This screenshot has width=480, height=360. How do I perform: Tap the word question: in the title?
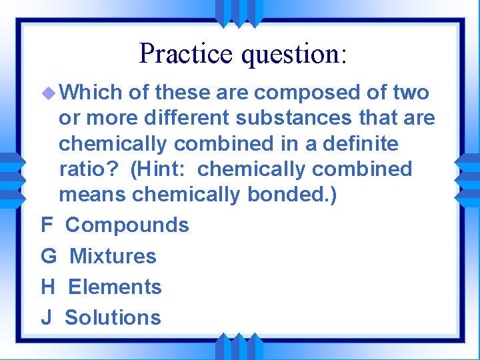click(x=295, y=55)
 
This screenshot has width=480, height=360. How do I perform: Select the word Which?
click(x=91, y=93)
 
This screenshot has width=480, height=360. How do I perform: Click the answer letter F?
click(x=47, y=225)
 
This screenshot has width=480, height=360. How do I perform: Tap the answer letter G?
click(x=49, y=256)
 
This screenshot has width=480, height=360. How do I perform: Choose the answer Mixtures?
click(x=113, y=256)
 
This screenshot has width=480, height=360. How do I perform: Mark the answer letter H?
click(x=48, y=287)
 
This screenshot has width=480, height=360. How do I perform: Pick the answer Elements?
click(x=115, y=287)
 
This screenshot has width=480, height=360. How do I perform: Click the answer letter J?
click(x=46, y=318)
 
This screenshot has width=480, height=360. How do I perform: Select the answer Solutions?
click(x=113, y=318)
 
